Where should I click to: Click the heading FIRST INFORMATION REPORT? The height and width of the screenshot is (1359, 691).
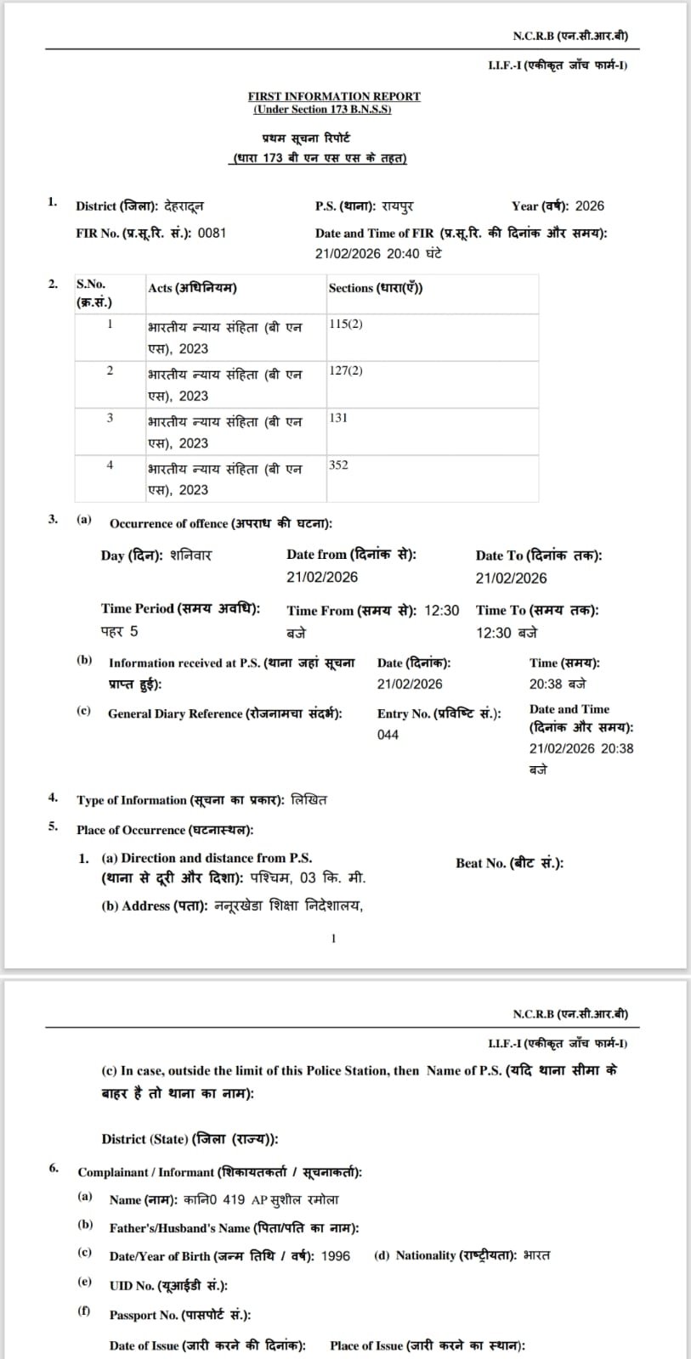click(334, 96)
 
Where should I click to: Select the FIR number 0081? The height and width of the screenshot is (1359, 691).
click(212, 233)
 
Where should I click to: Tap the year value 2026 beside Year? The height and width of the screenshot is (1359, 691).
click(589, 206)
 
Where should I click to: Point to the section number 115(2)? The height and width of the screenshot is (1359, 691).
click(346, 324)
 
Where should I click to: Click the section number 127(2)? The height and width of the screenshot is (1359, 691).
click(346, 371)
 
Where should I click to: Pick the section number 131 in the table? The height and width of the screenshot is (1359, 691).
click(338, 418)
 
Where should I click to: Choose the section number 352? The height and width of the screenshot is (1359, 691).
click(338, 465)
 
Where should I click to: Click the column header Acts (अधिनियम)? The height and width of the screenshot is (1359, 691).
click(192, 288)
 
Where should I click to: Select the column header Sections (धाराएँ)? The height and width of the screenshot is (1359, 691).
click(376, 288)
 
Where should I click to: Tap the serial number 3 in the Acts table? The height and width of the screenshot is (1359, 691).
click(110, 418)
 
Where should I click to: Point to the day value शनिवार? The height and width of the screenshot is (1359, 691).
click(190, 555)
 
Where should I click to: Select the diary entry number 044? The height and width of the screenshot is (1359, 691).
click(388, 735)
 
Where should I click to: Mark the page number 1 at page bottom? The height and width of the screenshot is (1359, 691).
click(333, 938)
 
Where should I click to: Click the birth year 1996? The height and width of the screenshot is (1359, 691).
click(336, 1255)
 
